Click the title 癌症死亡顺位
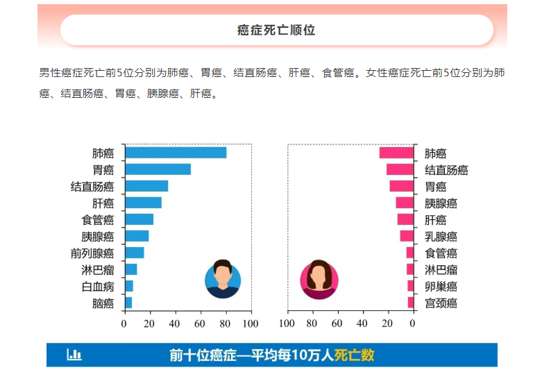click(x=276, y=31)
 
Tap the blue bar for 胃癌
click(x=158, y=169)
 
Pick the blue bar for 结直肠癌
click(x=146, y=186)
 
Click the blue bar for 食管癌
click(x=139, y=219)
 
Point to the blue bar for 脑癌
click(x=128, y=303)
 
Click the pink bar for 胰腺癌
click(x=405, y=203)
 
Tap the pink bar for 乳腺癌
click(x=407, y=236)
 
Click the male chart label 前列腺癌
click(x=92, y=253)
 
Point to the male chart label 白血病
click(x=97, y=286)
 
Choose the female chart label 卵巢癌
click(x=441, y=286)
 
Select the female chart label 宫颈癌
click(x=441, y=303)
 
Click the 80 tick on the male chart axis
click(x=225, y=323)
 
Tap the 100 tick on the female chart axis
click(x=287, y=323)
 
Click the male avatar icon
click(x=223, y=279)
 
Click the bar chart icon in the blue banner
click(x=74, y=355)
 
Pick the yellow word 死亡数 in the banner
click(x=354, y=355)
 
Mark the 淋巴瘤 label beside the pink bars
click(x=441, y=269)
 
